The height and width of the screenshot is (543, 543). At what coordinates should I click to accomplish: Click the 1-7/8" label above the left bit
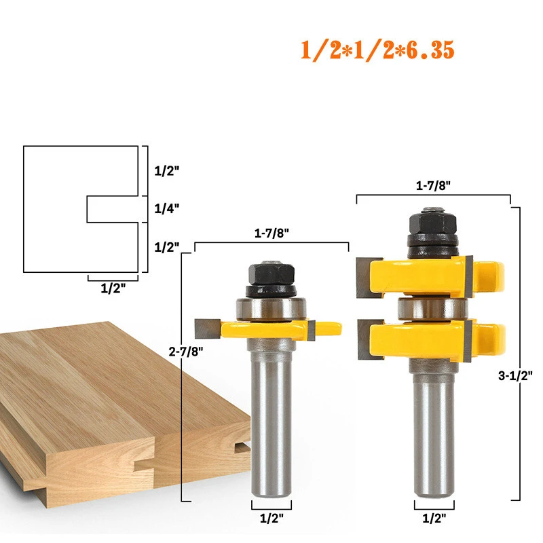(271, 233)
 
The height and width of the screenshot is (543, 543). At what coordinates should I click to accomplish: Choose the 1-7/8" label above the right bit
(433, 184)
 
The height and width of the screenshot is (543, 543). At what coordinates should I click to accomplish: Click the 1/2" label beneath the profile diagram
(112, 288)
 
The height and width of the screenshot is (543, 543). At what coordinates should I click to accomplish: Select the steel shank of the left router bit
(271, 421)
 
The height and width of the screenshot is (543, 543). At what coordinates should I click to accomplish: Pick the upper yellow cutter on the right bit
(434, 274)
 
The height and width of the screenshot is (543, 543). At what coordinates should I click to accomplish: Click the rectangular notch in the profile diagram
(113, 210)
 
